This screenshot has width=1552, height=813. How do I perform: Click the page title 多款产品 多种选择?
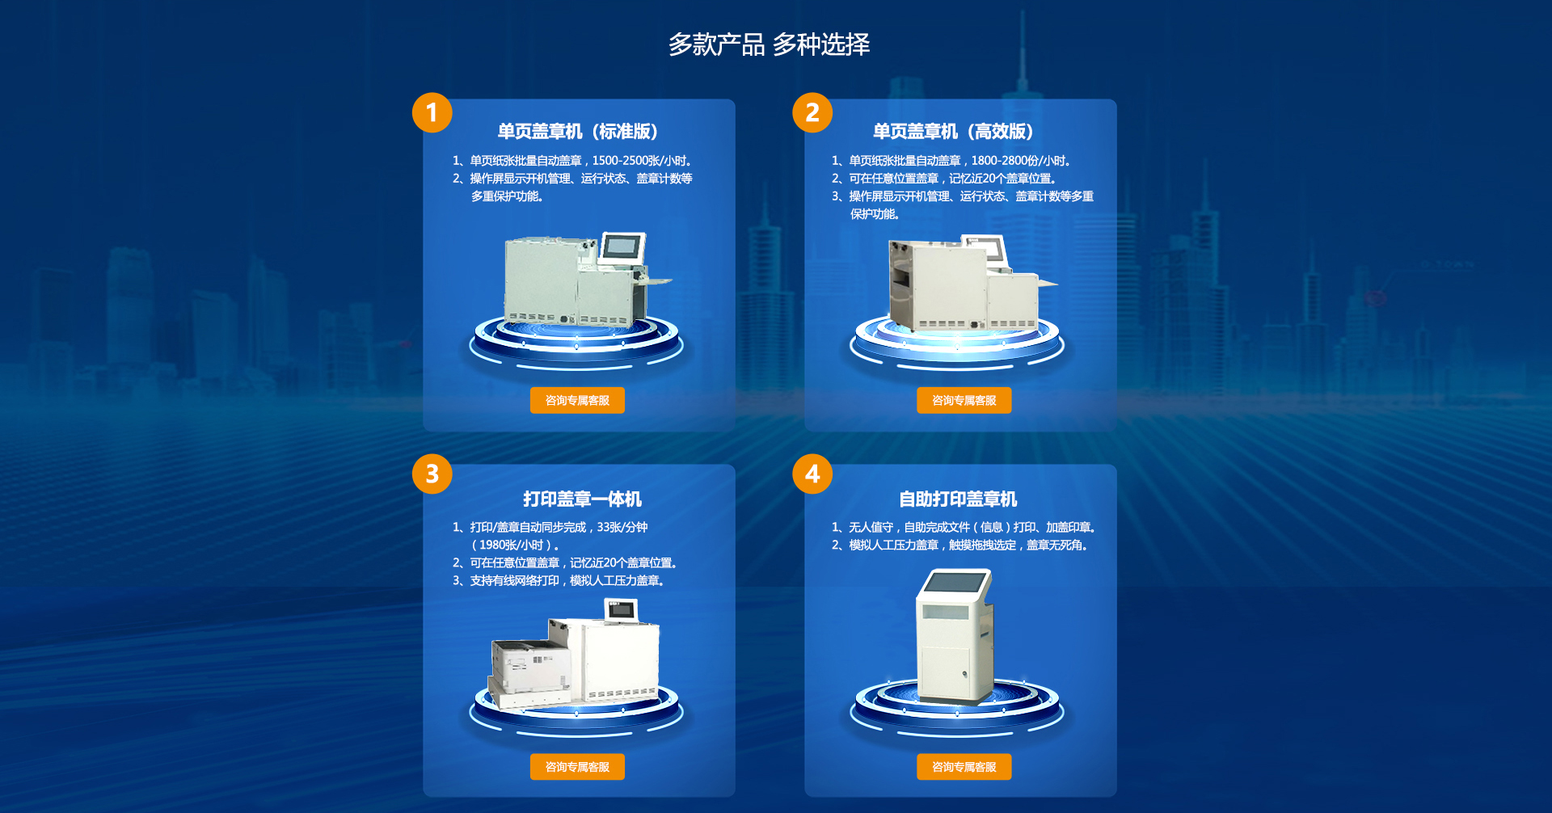(x=769, y=44)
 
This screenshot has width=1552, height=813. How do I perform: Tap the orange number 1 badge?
(x=432, y=112)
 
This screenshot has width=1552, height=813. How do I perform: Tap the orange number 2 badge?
(x=812, y=112)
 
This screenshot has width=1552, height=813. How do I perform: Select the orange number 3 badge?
(x=432, y=474)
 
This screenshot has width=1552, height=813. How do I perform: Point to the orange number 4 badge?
(x=812, y=474)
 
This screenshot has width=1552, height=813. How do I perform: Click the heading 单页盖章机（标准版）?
(x=578, y=131)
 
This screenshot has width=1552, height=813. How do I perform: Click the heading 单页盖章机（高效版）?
(x=954, y=131)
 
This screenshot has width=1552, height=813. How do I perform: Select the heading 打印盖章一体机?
(x=582, y=499)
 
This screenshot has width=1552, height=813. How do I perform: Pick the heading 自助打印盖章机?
(x=958, y=499)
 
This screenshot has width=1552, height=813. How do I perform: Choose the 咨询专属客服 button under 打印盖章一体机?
(x=577, y=767)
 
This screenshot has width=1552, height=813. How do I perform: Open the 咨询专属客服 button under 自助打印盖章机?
(x=964, y=767)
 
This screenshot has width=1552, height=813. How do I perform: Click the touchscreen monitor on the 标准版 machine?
(x=622, y=247)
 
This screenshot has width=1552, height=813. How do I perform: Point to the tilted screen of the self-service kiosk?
(x=957, y=582)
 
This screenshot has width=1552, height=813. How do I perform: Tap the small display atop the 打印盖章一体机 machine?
(x=621, y=610)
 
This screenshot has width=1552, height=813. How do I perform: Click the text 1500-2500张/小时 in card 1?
(x=639, y=161)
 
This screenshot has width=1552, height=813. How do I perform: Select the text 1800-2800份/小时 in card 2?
(x=1019, y=161)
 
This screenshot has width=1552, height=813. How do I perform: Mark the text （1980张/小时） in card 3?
(x=515, y=545)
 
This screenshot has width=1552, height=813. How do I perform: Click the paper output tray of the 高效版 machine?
(x=1047, y=283)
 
